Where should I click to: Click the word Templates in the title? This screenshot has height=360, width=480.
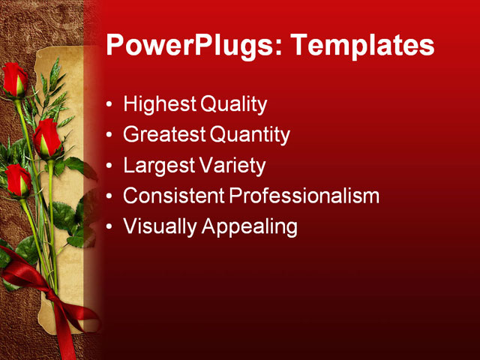(362, 45)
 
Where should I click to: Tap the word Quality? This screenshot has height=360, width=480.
(233, 104)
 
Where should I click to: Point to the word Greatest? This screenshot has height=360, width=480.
(163, 135)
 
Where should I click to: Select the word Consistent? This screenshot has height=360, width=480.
(173, 196)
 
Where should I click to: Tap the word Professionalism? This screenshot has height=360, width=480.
(304, 196)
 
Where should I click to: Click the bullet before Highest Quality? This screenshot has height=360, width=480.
(110, 105)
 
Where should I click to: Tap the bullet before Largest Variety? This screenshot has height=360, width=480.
(110, 166)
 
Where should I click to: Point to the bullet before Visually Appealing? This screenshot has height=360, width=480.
(110, 226)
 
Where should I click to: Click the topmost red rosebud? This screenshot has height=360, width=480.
(14, 79)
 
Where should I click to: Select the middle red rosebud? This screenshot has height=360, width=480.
(47, 138)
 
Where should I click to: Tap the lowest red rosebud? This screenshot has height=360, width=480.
(18, 181)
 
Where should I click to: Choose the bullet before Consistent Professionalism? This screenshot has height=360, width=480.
(110, 196)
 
